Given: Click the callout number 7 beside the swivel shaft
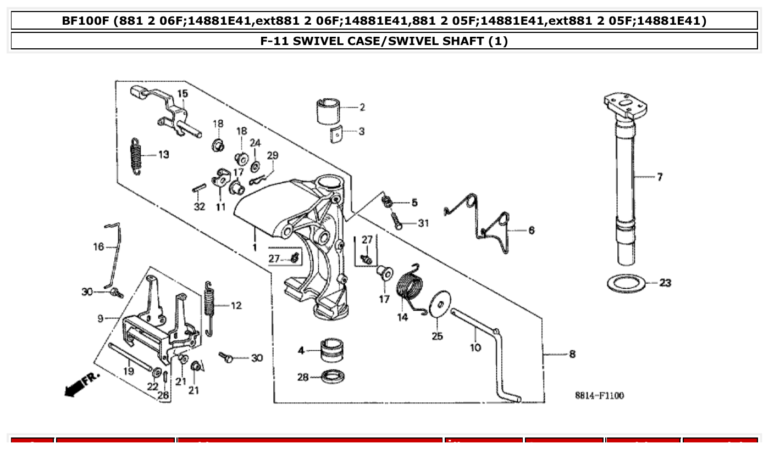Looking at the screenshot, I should [x=659, y=177].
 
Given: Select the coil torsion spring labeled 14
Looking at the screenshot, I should [x=411, y=288].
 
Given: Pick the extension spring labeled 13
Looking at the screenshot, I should [x=137, y=156].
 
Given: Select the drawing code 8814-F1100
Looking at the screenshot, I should [x=599, y=395].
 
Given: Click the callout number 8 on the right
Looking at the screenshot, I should [x=572, y=355].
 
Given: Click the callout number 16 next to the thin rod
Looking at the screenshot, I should [x=98, y=247].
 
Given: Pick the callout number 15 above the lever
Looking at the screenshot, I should [x=182, y=94].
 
